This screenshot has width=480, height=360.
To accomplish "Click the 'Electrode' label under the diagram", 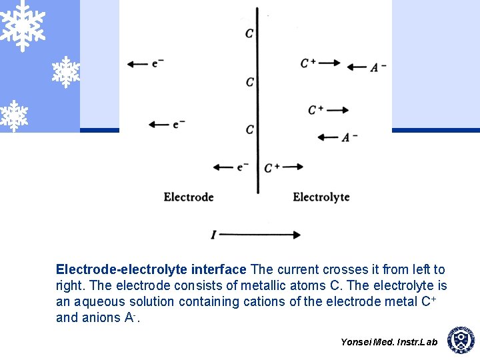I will click(189, 197).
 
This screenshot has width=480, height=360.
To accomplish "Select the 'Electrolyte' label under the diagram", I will click(321, 197).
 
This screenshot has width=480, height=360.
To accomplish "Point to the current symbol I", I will click(213, 235).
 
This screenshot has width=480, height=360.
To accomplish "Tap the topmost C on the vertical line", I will click(249, 33).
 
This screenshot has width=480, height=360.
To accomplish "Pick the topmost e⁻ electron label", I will click(158, 63).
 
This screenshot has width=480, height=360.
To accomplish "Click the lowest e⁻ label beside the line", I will click(243, 167).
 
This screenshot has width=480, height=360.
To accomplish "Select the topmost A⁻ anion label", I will click(379, 67).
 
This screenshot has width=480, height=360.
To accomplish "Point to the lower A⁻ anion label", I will click(350, 137).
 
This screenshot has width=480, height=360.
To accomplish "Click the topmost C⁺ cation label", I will click(308, 63).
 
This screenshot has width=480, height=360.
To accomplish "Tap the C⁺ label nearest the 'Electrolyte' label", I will click(272, 167).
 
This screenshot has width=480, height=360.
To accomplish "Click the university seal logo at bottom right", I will click(460, 340).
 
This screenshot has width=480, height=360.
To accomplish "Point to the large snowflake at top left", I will click(22, 25).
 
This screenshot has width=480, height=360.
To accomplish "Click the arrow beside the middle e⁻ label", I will click(159, 125).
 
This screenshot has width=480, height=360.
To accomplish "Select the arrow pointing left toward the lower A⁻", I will click(328, 137).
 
